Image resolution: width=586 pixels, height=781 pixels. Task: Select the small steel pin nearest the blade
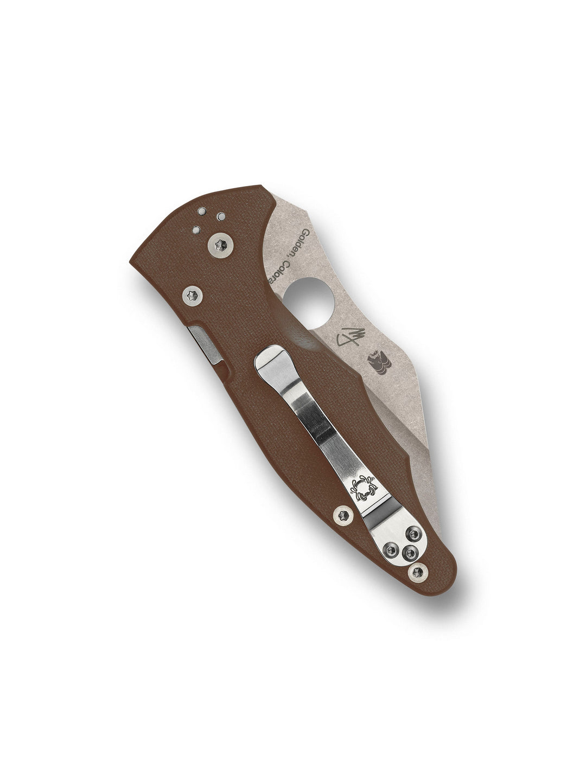click(221, 216)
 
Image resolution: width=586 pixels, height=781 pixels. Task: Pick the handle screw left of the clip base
click(342, 513)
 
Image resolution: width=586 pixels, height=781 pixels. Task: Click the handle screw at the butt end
click(418, 571)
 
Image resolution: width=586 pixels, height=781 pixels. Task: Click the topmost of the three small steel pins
click(201, 211)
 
